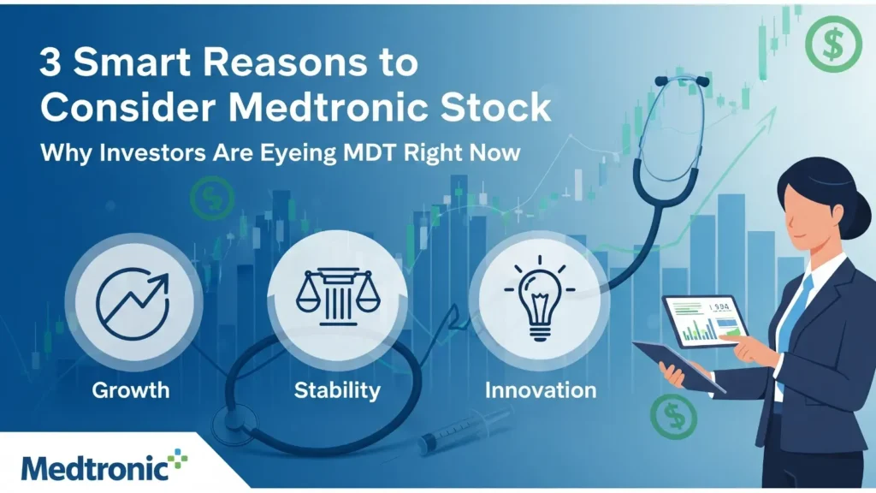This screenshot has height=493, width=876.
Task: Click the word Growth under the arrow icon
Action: tap(131, 390)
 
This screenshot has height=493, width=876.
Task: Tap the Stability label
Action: tap(337, 390)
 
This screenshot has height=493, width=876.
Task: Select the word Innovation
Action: tap(541, 390)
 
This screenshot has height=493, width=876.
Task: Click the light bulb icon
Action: tap(540, 298)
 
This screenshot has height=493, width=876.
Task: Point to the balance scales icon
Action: tap(337, 297)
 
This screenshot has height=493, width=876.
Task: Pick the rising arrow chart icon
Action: tap(133, 303)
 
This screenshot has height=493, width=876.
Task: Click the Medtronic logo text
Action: tap(95, 467)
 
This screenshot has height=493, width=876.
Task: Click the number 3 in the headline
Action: tap(50, 62)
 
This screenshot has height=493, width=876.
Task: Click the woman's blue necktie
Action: tap(794, 324)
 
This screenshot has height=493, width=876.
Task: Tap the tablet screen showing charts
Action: tap(705, 322)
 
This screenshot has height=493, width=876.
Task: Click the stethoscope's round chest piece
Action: tap(234, 420)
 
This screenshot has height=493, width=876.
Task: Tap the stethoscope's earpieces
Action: tap(683, 81)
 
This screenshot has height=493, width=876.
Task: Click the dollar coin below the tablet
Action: tap(674, 417)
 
